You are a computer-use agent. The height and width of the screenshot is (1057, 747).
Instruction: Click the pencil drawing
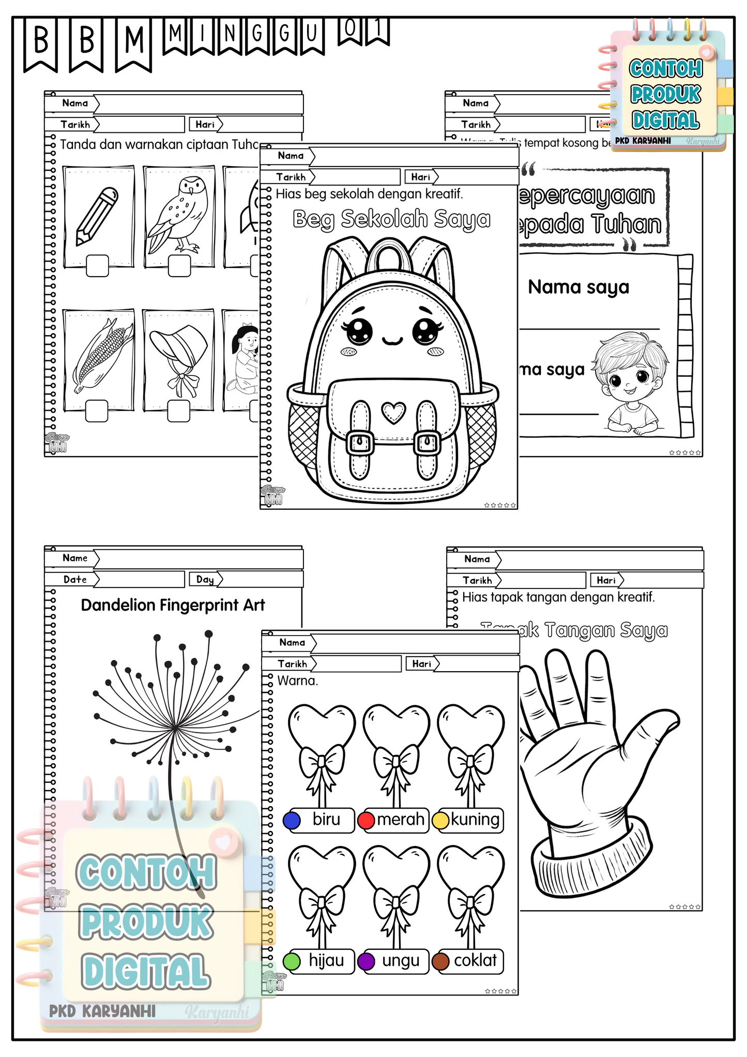tap(97, 216)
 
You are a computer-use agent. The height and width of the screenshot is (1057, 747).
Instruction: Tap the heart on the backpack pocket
tap(393, 412)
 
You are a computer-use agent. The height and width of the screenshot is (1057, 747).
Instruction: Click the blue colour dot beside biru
tap(292, 820)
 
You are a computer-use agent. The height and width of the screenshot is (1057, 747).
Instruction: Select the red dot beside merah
tap(366, 820)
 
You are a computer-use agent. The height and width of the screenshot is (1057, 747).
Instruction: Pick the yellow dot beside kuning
tap(440, 820)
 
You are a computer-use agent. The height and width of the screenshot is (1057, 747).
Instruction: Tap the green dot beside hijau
tap(292, 961)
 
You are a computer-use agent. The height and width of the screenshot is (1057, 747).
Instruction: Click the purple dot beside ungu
tap(366, 961)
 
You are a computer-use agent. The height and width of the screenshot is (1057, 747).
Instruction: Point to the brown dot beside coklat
tap(440, 961)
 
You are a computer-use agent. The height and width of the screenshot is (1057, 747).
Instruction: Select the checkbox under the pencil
tap(97, 266)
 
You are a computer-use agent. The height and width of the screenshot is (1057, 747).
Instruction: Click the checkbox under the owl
tap(179, 266)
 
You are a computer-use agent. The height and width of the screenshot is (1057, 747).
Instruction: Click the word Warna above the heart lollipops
tap(297, 681)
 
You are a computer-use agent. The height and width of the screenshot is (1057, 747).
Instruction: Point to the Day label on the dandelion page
tap(205, 580)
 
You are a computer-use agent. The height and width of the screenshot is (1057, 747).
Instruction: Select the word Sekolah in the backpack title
tap(385, 219)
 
